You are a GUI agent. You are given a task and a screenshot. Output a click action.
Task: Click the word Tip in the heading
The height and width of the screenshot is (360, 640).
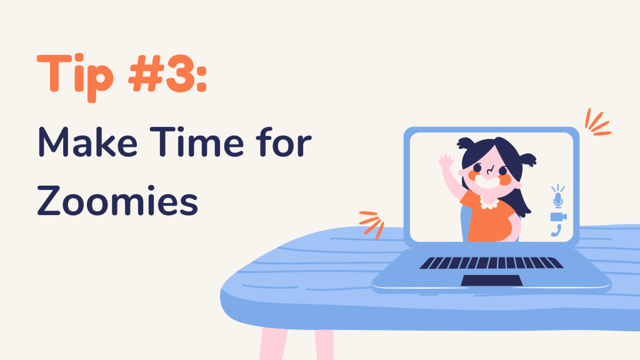(x=75, y=77)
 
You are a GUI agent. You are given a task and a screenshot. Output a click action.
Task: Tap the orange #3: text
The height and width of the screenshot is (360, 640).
(x=167, y=74)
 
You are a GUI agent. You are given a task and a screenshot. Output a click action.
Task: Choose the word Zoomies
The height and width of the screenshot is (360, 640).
(x=117, y=201)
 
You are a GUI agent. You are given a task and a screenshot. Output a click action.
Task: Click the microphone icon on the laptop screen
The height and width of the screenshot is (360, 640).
(x=558, y=196)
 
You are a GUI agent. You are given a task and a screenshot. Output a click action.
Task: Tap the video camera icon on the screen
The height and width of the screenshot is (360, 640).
(x=558, y=217)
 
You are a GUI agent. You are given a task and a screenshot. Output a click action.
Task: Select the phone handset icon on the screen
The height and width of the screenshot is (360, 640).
(x=556, y=231)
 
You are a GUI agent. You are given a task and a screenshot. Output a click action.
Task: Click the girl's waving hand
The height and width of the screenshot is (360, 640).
(x=446, y=161)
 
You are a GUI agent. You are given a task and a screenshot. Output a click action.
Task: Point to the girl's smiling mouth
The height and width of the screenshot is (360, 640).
(x=487, y=182)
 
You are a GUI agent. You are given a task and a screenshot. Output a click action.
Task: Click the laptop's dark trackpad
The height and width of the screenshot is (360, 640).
(x=492, y=281)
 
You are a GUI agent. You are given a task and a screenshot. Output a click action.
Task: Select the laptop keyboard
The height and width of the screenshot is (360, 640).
(x=491, y=263)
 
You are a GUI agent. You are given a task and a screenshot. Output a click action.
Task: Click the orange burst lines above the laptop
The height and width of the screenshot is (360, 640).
(x=597, y=122)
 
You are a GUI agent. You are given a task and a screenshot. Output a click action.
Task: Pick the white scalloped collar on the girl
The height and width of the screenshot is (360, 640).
(x=489, y=202)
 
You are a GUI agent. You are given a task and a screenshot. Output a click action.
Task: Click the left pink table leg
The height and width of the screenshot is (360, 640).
(x=273, y=344)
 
